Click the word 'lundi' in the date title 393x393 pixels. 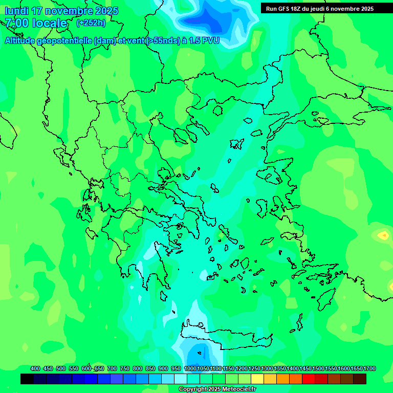pos(16,10)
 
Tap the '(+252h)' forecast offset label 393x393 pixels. pos(91,23)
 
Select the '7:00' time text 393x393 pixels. pos(16,23)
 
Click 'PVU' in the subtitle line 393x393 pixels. pos(210,40)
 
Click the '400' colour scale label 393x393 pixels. pos(35,368)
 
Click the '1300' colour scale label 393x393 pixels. pos(267,368)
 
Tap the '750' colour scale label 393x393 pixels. pos(125,368)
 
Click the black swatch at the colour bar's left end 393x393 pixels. pos(27,379)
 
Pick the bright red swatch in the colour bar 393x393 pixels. pos(309,379)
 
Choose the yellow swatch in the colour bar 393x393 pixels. pos(257,379)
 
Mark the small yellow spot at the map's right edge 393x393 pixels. pos(383,235)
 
